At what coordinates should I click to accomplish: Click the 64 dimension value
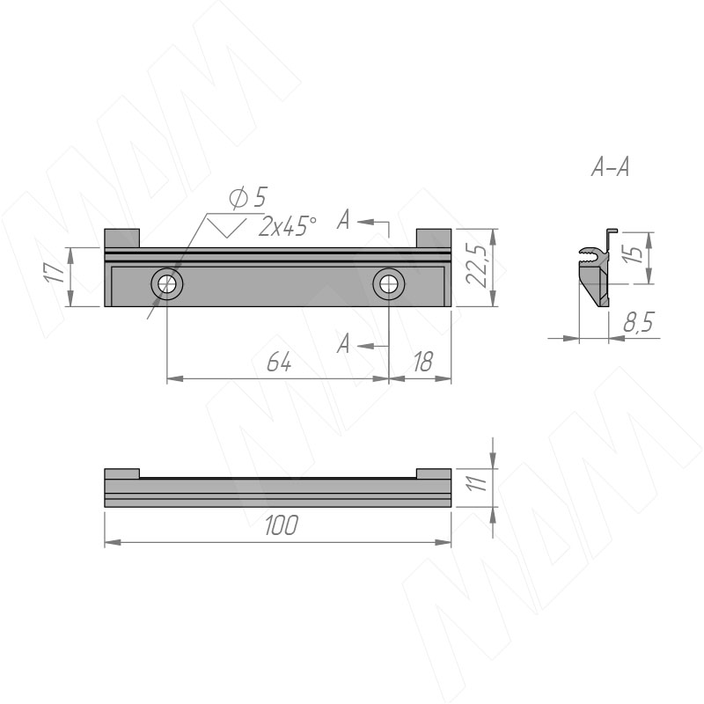pos(279,362)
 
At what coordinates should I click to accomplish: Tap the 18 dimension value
pos(423,362)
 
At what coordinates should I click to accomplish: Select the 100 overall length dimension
pos(282,525)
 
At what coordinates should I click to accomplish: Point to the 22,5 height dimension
pos(476,266)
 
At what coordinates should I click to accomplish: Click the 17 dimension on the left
pos(55,273)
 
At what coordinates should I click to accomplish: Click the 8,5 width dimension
pos(639,322)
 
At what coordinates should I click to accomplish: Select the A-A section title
pos(610,167)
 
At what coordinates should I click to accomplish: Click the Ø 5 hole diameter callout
pos(248,197)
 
